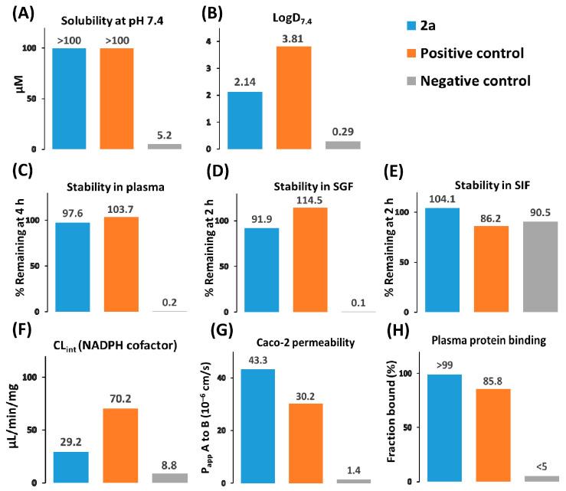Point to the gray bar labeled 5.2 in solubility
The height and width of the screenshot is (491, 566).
pyautogui.click(x=164, y=146)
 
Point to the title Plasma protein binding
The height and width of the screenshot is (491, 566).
pyautogui.click(x=473, y=341)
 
